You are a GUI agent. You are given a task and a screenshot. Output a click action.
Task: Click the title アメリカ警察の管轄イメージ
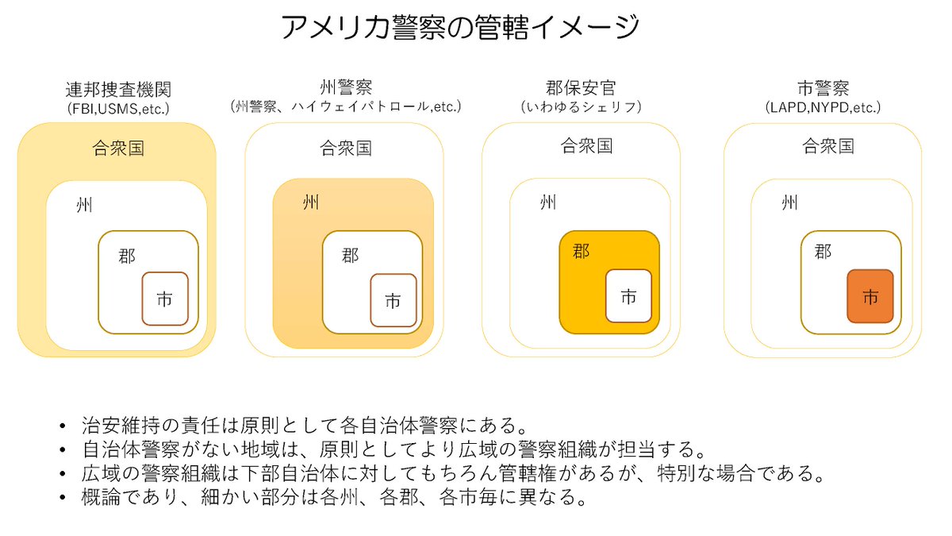[460, 28]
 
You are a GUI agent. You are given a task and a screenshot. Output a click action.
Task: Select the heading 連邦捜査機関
[118, 89]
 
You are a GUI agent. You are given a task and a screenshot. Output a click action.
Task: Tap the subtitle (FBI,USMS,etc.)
[118, 107]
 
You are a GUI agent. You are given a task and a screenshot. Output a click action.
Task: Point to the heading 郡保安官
[581, 87]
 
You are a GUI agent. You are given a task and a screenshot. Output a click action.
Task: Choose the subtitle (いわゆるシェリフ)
[581, 106]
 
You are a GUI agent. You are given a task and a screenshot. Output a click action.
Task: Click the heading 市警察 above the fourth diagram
[823, 87]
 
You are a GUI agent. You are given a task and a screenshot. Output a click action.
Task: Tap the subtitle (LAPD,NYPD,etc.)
[823, 106]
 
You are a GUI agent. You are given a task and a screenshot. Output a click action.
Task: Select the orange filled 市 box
[870, 296]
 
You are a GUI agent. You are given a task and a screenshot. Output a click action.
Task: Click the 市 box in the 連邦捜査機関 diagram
[165, 299]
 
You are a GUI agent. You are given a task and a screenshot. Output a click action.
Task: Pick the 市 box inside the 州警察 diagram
[393, 300]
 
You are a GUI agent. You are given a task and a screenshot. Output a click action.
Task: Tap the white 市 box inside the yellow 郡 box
[628, 296]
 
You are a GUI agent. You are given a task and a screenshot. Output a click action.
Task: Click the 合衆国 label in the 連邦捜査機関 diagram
[118, 148]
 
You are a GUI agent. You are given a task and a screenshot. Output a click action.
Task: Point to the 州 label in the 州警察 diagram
[311, 203]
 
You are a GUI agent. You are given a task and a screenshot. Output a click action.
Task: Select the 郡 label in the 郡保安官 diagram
[581, 252]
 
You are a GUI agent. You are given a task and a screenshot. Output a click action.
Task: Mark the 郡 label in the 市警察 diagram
[823, 252]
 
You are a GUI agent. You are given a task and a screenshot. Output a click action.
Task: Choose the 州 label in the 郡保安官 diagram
[548, 203]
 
